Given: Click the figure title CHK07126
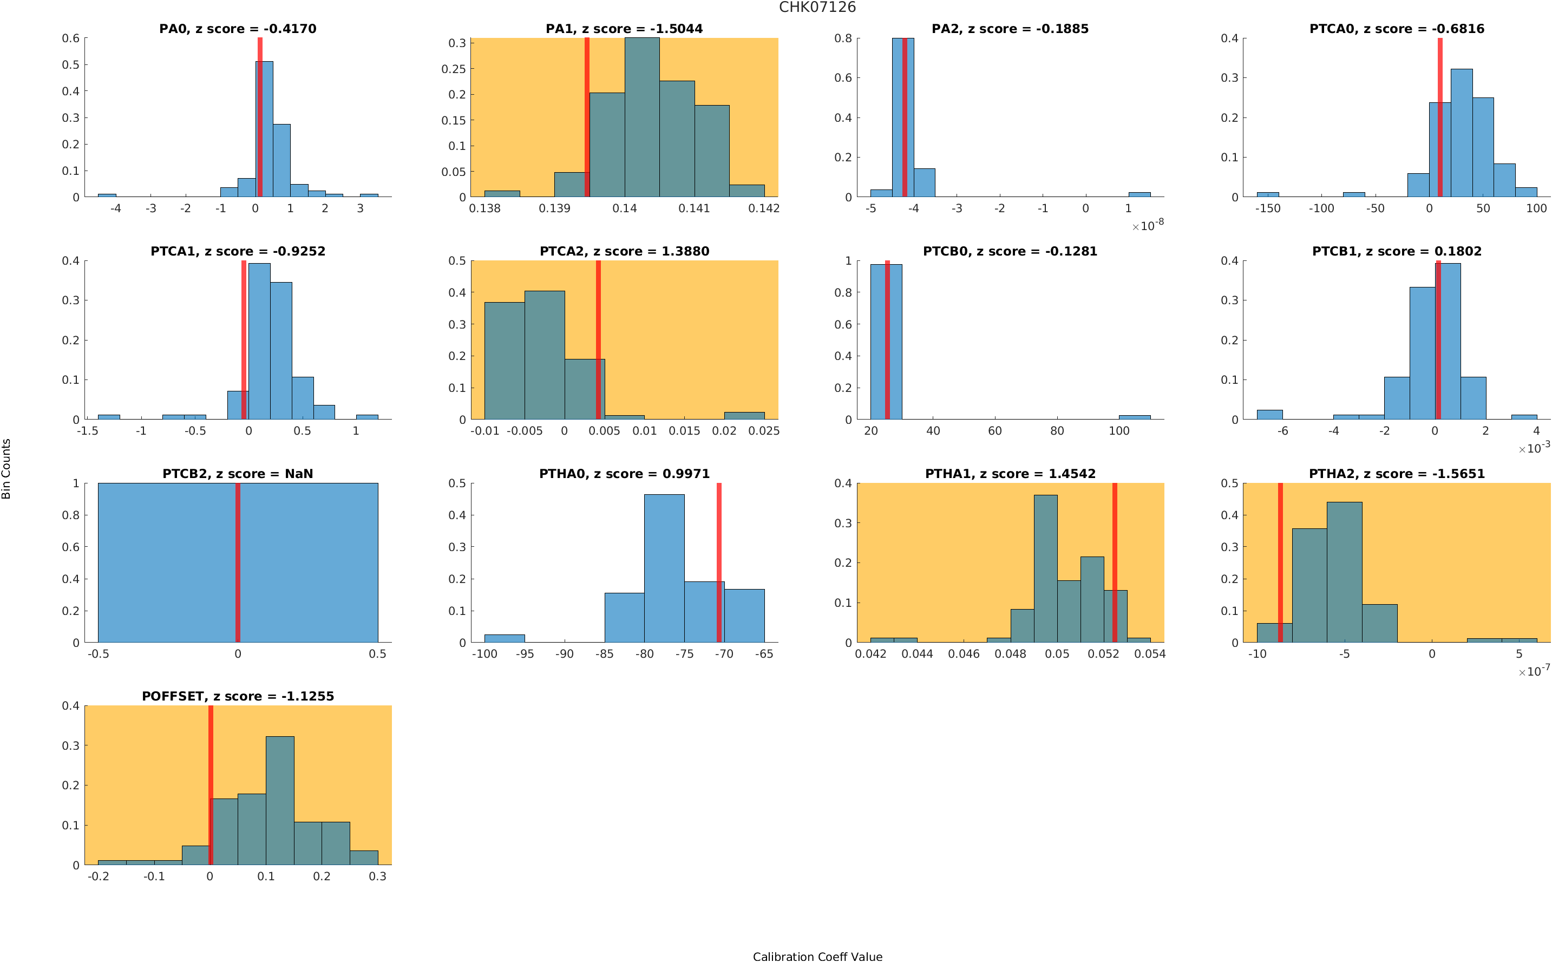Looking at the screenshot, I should pos(817,8).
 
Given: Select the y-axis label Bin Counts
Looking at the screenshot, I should pos(6,469).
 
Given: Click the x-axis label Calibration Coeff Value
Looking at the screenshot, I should pos(817,956).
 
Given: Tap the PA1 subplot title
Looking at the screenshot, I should pos(624,29).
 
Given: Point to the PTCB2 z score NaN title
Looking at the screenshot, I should pos(237,474).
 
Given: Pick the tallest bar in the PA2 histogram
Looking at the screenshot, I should pos(902,117).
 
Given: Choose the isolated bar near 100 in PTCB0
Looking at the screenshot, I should pos(1134,417).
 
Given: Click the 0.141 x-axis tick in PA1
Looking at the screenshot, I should pos(694,208).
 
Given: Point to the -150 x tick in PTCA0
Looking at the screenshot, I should pos(1268,208).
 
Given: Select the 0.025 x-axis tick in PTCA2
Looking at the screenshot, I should pos(764,431).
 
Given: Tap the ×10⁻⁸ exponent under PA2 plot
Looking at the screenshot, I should pos(1148,225).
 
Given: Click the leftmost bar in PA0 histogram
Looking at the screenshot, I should pos(107,195).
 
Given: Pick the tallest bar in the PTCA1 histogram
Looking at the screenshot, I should pos(259,341).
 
